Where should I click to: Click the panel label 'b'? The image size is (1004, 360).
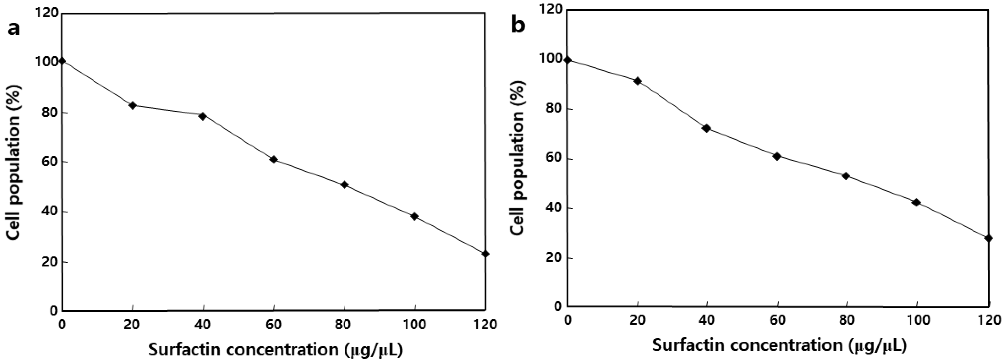tap(518, 26)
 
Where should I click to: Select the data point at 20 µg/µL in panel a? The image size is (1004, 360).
tap(133, 106)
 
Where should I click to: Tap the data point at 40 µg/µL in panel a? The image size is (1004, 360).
tap(202, 116)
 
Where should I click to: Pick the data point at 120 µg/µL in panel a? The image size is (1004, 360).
tap(485, 254)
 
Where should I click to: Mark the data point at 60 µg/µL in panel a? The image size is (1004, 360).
tap(273, 160)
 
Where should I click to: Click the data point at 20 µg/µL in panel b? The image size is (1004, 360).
tap(638, 81)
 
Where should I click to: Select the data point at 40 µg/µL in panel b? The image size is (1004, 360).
tap(706, 128)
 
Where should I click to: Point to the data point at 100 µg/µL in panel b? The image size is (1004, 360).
tap(916, 202)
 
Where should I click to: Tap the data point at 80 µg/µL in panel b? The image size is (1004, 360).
tap(846, 176)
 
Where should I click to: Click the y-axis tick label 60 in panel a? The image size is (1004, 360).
tap(47, 162)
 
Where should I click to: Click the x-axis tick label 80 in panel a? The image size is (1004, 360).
tap(344, 325)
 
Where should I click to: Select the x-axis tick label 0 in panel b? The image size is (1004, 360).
tap(568, 320)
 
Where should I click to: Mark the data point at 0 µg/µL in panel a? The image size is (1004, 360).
tap(62, 61)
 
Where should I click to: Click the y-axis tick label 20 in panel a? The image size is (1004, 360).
tap(47, 262)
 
